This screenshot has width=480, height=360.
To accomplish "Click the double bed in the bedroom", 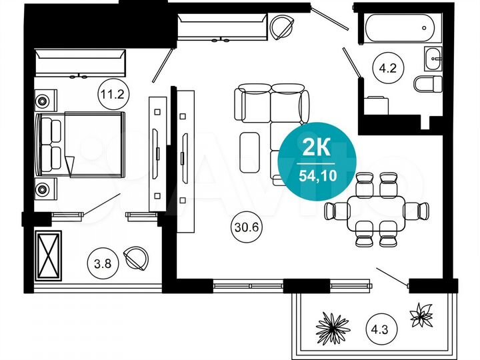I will [x=82, y=145].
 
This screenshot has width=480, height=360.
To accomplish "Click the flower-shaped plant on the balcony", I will [x=421, y=314].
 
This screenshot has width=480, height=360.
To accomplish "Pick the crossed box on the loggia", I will [x=47, y=255].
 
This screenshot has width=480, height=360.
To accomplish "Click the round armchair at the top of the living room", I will [x=282, y=27].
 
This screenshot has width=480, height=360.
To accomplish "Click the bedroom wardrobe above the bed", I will [x=80, y=64].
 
